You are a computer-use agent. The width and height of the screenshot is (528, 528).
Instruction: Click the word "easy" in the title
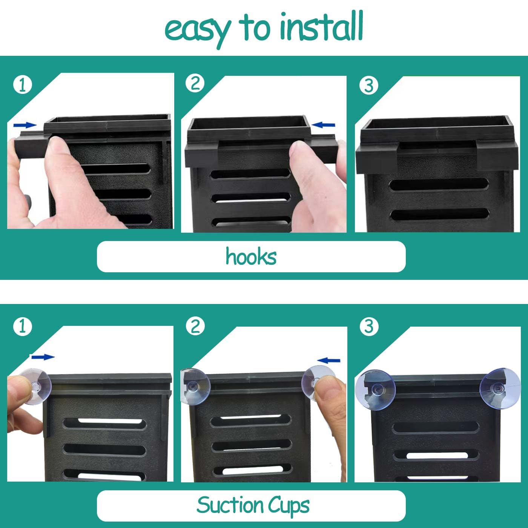tap(197, 31)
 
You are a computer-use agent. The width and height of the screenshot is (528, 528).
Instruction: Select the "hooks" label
tap(251, 256)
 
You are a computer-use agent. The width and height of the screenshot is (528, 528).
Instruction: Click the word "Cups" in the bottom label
tap(289, 507)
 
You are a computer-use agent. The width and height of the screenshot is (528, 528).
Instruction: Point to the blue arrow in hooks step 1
tap(25, 125)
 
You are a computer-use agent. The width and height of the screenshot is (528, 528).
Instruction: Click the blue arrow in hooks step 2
tap(323, 125)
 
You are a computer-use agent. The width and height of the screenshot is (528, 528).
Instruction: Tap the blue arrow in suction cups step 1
tap(43, 357)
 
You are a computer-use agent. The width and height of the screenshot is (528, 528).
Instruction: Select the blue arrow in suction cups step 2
tap(328, 361)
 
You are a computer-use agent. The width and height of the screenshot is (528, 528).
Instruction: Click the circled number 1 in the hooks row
tap(23, 85)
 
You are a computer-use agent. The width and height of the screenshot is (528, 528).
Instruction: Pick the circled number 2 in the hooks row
tap(195, 83)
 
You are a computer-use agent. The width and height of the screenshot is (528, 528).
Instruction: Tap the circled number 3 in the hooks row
tap(369, 85)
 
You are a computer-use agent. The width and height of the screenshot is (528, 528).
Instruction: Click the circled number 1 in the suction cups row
tap(23, 327)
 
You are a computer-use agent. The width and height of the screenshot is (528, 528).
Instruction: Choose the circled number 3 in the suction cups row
tap(369, 327)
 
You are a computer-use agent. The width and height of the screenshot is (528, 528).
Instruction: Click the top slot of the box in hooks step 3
tap(439, 184)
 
